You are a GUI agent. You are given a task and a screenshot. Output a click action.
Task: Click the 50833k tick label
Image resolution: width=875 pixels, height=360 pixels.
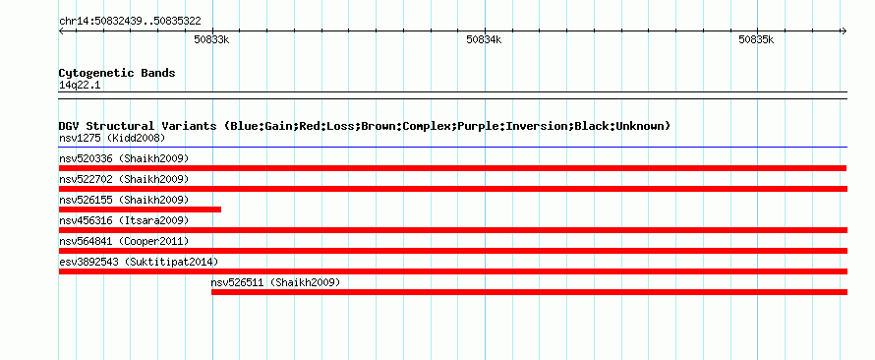[211, 39]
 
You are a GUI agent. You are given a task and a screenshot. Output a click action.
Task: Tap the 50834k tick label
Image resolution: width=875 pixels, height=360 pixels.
[484, 39]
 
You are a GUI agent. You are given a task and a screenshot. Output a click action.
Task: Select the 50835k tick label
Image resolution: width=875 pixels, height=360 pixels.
[756, 39]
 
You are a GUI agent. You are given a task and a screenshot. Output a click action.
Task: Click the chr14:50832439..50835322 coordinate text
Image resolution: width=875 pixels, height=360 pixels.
[130, 22]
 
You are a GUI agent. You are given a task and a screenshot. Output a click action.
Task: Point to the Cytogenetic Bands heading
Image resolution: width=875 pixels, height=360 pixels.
[117, 73]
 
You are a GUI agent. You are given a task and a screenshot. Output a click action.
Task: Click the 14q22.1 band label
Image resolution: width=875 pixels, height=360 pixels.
[80, 86]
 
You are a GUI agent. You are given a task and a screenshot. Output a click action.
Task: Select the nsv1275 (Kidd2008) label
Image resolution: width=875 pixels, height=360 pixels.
[112, 138]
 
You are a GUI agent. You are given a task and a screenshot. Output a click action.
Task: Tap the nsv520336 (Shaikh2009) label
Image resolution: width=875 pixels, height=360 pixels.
[124, 158]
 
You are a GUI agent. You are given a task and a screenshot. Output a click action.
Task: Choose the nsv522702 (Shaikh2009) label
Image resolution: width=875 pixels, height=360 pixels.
[124, 179]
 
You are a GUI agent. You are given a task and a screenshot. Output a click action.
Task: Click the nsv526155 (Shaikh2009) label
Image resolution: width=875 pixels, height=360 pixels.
[124, 200]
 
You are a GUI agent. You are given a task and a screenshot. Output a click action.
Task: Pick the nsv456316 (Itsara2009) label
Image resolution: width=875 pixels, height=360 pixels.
[124, 220]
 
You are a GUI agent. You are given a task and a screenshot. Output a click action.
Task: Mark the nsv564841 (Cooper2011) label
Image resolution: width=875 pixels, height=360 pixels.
[124, 241]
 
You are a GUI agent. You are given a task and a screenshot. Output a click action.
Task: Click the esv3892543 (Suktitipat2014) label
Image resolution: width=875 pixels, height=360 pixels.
[139, 262]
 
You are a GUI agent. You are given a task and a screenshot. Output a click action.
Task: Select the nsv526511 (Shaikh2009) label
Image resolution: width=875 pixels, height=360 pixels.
[275, 282]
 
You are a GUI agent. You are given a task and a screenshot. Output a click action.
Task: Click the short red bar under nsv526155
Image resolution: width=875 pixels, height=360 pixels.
[140, 210]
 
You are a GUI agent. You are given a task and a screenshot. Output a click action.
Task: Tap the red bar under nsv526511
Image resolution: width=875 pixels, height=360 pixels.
[529, 292]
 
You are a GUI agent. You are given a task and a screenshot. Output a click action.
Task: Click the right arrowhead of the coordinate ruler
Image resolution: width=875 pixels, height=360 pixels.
[845, 30]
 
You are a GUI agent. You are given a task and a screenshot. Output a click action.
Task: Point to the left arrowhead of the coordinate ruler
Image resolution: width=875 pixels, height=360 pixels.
[61, 30]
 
